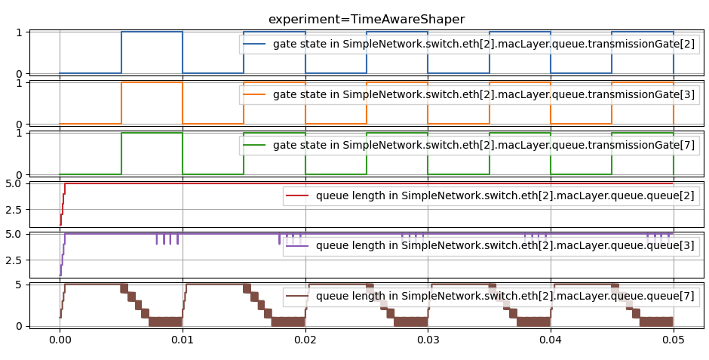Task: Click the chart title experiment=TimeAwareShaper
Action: (367, 20)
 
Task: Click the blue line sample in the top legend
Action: (254, 45)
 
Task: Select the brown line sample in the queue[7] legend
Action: (298, 297)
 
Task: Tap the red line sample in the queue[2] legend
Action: (298, 196)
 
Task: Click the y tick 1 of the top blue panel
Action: (20, 32)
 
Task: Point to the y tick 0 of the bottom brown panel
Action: (20, 326)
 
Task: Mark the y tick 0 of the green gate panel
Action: (20, 174)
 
